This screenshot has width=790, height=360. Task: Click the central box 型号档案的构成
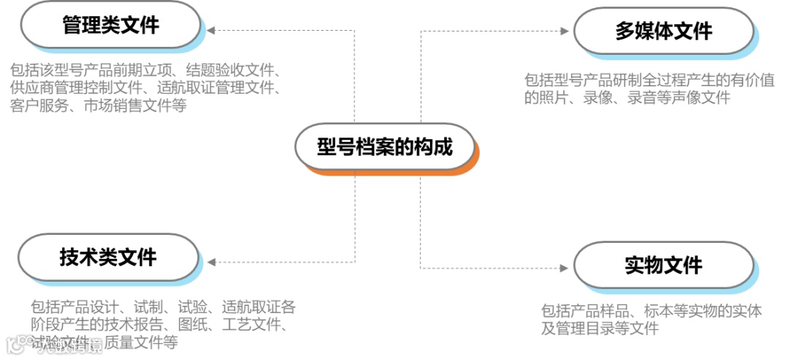point(385,146)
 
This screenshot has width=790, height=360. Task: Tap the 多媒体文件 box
point(663,31)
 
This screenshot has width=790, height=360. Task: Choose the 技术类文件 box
point(108,257)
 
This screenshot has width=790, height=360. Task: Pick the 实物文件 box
point(663,265)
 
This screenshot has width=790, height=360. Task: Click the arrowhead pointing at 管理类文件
point(211,31)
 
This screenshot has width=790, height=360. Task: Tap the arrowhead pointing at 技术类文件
point(211,261)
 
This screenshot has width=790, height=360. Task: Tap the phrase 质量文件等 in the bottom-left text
point(141,342)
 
